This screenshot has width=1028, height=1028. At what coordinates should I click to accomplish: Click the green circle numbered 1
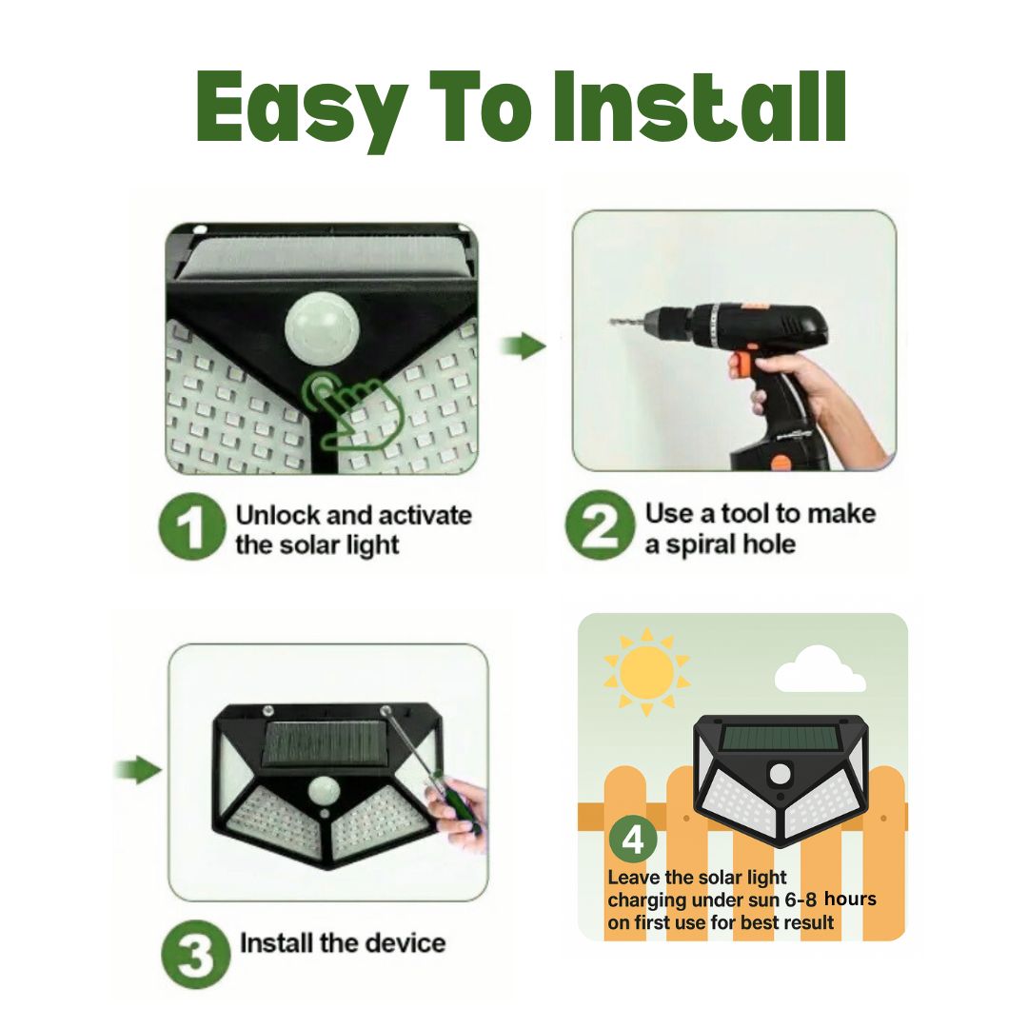(x=192, y=529)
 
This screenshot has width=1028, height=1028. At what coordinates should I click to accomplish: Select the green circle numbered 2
(x=600, y=525)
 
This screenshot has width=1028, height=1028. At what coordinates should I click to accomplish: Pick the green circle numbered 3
(x=195, y=954)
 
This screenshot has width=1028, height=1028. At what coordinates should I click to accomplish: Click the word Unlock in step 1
(x=277, y=515)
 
